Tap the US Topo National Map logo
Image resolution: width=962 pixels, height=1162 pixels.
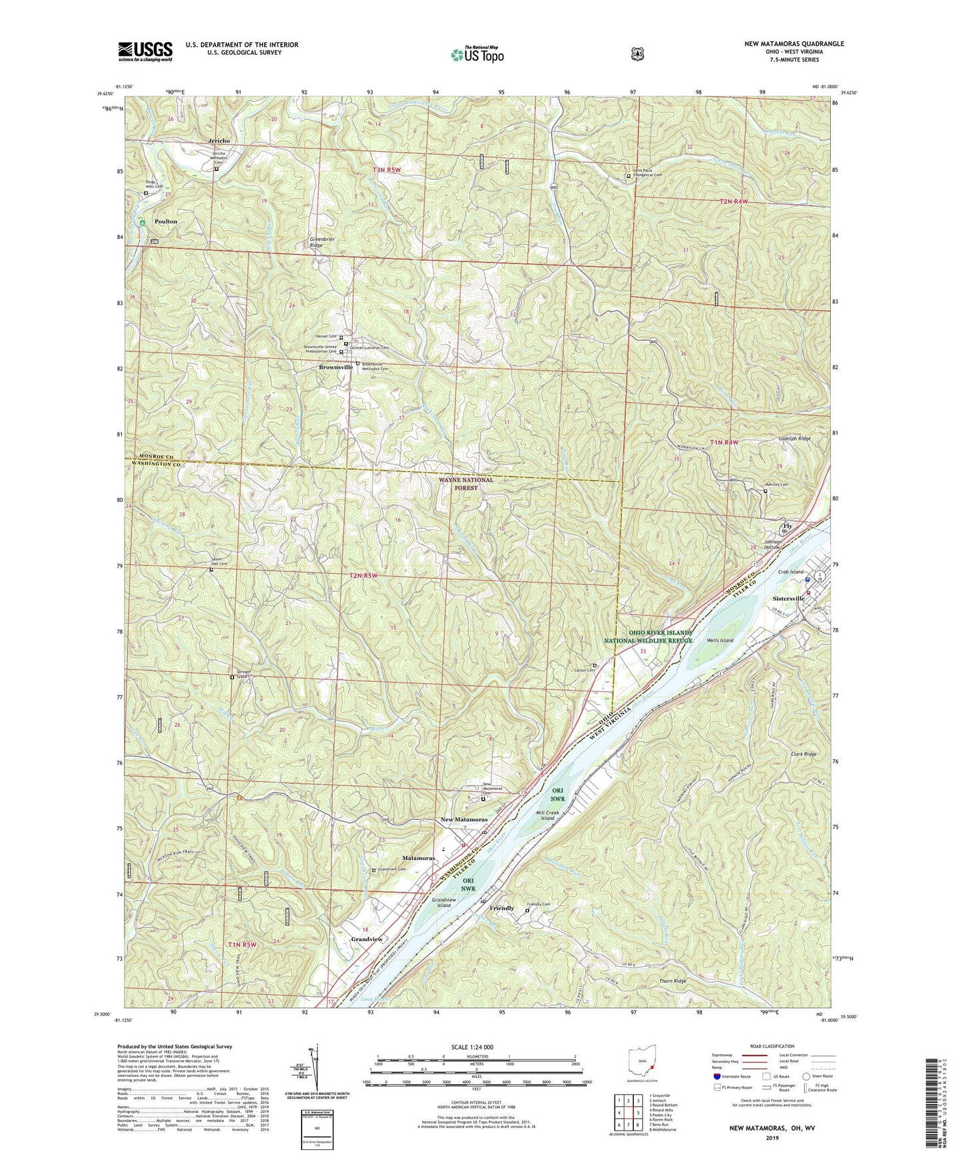[476, 54]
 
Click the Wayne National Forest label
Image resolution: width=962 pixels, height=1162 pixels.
[466, 483]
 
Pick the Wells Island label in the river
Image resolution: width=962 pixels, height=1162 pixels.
[720, 640]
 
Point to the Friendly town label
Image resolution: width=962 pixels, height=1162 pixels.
[501, 908]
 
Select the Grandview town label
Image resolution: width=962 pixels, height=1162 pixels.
[367, 939]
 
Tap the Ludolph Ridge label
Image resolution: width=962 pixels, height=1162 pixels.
[794, 439]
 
